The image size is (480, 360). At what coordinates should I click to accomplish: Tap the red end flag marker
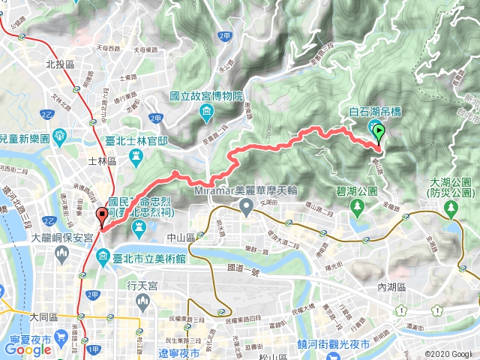101,216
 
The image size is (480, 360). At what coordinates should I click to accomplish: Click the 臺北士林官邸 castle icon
136,155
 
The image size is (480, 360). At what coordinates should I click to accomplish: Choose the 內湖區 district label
391,286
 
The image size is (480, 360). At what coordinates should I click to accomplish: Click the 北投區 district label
58,65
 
